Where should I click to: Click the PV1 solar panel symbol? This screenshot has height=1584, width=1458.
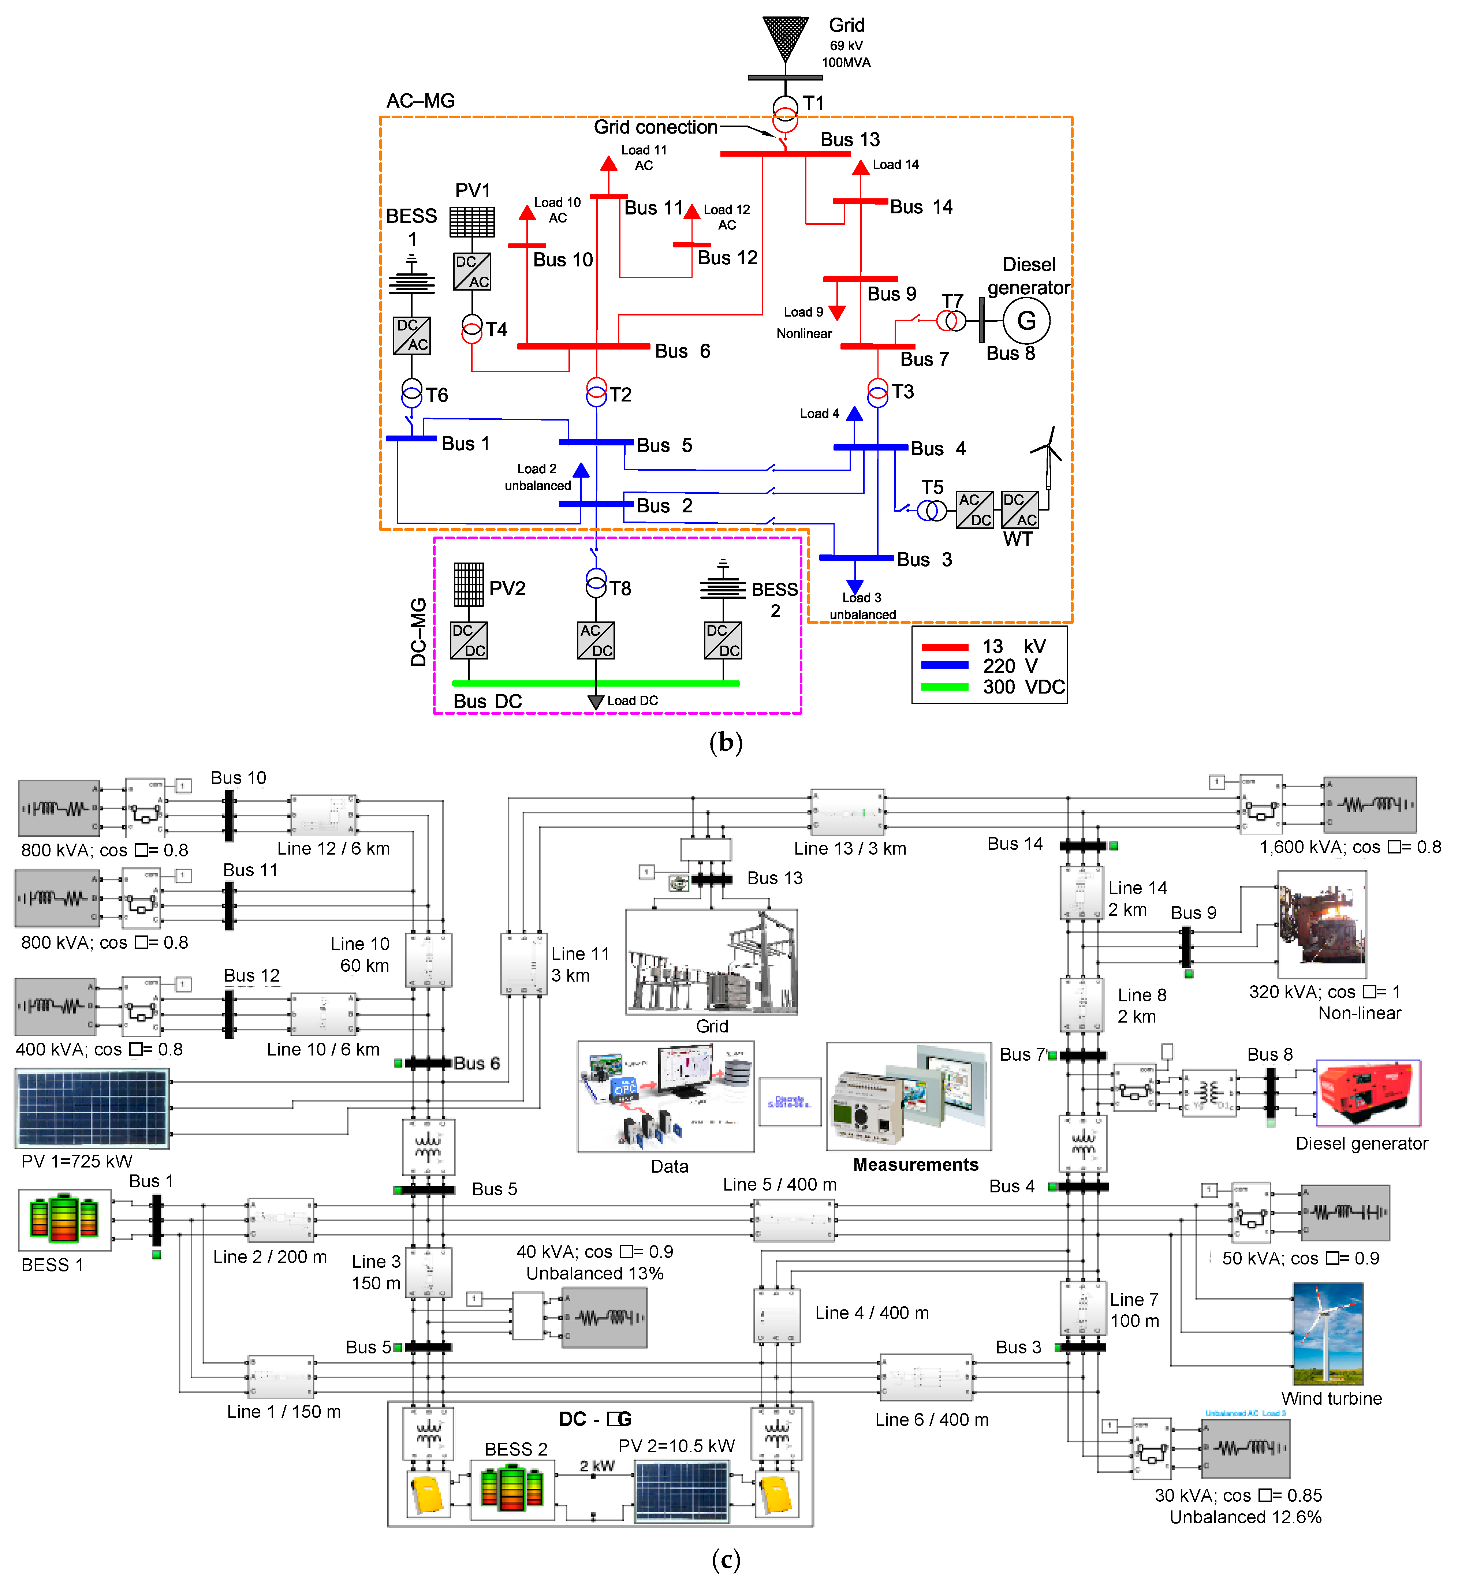(x=472, y=222)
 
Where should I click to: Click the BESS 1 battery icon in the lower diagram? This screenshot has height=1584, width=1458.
(x=64, y=1219)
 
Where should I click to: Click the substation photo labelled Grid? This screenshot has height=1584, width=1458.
(x=711, y=961)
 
